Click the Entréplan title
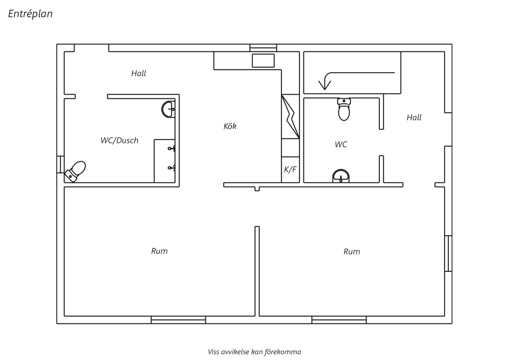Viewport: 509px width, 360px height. [30, 14]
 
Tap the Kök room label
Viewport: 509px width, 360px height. [230, 126]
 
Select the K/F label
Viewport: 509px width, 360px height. [290, 169]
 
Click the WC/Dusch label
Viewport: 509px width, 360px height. [119, 140]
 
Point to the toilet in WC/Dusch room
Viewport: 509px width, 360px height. [75, 172]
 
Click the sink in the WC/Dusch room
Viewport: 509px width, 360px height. [168, 109]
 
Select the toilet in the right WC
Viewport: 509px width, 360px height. [344, 109]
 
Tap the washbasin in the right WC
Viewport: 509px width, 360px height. [341, 176]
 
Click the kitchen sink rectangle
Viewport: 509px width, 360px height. [263, 60]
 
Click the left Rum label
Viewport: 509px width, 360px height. [159, 251]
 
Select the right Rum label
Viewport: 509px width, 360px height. [352, 251]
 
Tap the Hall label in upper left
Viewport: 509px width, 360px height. [138, 73]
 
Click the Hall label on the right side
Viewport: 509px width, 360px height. [414, 117]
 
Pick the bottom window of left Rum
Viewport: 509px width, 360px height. [178, 320]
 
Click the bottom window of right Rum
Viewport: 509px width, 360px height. [339, 320]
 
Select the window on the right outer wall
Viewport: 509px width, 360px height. [448, 253]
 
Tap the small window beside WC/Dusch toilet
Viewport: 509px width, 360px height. [60, 165]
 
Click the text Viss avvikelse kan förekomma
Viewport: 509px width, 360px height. [255, 352]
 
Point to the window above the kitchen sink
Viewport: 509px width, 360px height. [263, 48]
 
